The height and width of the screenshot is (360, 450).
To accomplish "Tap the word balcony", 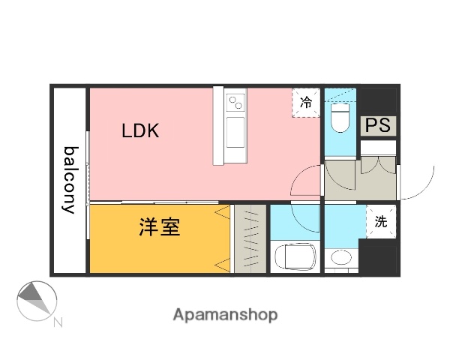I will pos(70,180).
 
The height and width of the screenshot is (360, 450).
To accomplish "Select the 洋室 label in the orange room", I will pos(159,227).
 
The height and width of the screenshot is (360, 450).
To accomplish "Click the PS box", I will pos(378,125).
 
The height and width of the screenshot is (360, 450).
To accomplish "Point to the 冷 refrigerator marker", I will pos(306,103).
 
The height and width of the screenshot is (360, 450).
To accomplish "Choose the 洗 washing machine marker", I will pos(380,221).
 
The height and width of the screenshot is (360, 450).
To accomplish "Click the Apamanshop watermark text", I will pos(225,315).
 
